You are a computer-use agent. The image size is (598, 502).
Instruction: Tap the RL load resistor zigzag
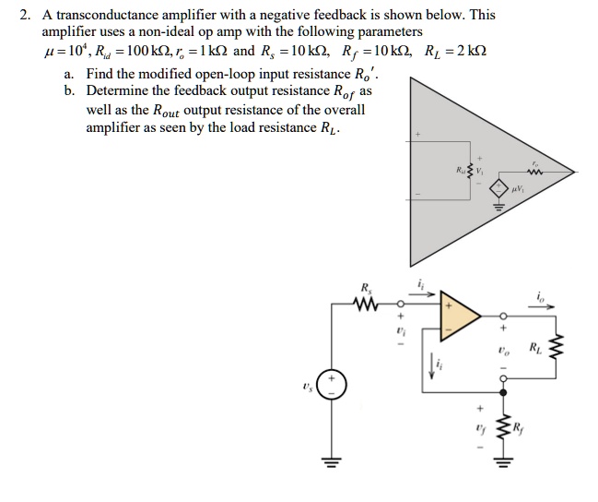click(556, 349)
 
